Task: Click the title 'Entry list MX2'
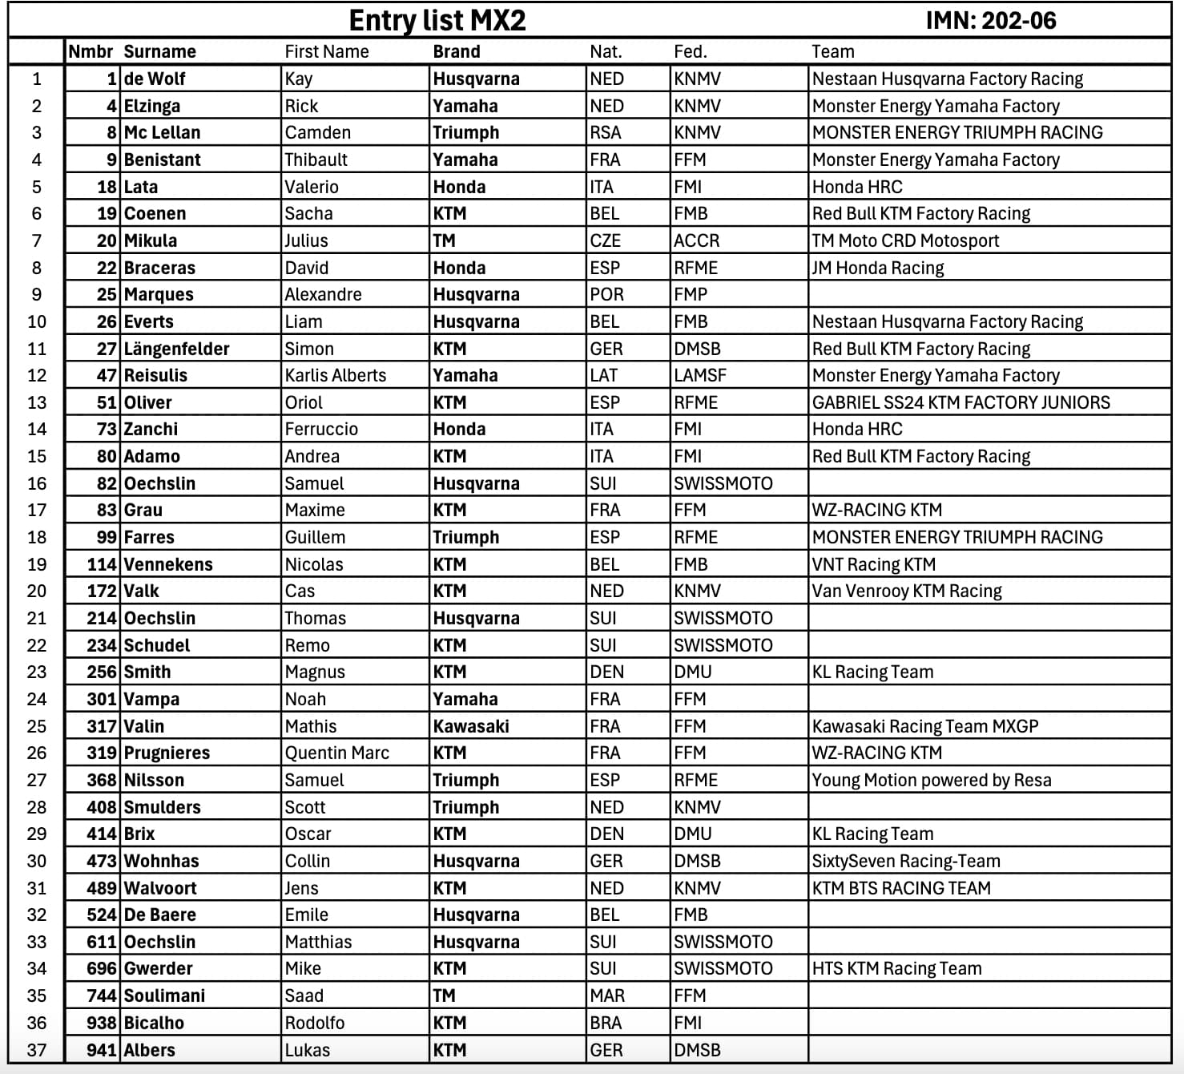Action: coord(437,20)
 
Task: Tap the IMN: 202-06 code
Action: coord(990,20)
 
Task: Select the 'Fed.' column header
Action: coord(690,52)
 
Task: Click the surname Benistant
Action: coord(163,159)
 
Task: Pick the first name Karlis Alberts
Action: coord(335,375)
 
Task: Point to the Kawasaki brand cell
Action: coord(471,726)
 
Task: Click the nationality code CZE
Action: coord(605,240)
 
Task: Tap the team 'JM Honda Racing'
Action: coord(878,268)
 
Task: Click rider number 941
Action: coord(102,1050)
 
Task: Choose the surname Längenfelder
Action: coord(176,349)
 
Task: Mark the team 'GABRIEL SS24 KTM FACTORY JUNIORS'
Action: coord(961,402)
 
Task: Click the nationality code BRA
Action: coord(606,1023)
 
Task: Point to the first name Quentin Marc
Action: coord(337,753)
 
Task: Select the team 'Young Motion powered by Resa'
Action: coord(932,780)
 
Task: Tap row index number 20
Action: coord(37,591)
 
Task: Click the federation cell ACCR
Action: coord(696,240)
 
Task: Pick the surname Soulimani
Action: coord(164,995)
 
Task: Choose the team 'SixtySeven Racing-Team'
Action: coord(906,861)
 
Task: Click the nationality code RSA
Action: coord(606,132)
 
